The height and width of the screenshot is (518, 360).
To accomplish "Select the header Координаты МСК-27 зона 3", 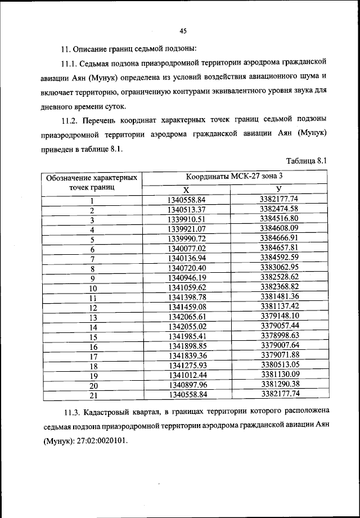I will click(235, 177).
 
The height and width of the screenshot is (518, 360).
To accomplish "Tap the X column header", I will click(186, 190).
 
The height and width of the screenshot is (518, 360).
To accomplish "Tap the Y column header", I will click(279, 189).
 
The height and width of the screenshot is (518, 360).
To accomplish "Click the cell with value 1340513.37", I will click(187, 210).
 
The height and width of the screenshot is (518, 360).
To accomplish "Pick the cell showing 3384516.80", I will click(279, 219).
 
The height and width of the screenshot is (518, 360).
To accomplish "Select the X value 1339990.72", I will click(187, 238).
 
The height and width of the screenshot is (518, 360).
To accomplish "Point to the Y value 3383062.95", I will click(279, 268).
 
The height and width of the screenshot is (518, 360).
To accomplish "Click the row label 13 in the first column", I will click(93, 317).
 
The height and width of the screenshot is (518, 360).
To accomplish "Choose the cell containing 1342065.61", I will click(187, 317).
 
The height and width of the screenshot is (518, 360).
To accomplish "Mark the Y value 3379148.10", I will click(279, 316).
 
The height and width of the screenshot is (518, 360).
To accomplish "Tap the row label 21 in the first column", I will click(93, 395).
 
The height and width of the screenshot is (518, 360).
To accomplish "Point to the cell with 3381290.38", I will click(279, 385).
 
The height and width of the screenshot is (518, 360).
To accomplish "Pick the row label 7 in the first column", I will click(93, 259).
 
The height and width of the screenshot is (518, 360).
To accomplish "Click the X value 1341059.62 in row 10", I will click(187, 287).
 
